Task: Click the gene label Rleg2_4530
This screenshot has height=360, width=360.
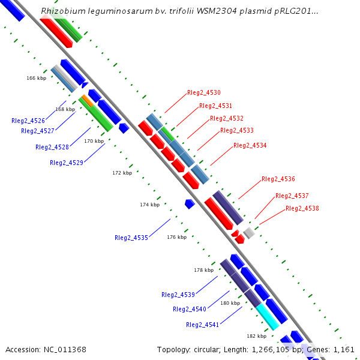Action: point(204,93)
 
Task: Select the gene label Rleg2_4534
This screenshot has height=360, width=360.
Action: point(250,146)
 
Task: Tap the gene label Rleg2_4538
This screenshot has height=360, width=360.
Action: point(302,209)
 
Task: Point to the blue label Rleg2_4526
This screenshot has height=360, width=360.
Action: point(28,121)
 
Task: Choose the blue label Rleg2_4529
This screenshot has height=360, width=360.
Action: point(67,163)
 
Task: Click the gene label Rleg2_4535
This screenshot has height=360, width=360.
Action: point(131,238)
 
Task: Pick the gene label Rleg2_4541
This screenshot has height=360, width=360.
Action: point(203,325)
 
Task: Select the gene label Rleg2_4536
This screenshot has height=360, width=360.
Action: point(278,179)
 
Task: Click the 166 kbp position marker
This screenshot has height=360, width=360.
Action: point(36,78)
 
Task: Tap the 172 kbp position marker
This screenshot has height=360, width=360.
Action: point(122,173)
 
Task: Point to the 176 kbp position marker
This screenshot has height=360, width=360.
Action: point(176,237)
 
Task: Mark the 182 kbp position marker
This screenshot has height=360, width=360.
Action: point(256,336)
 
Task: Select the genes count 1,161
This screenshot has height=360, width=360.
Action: point(345,349)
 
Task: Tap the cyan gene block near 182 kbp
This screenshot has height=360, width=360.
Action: point(268,317)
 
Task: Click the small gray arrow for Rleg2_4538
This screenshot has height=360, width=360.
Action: point(249,233)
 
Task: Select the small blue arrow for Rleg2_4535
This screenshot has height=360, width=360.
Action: point(190,204)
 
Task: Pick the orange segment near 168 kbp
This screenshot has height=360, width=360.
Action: point(87,100)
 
